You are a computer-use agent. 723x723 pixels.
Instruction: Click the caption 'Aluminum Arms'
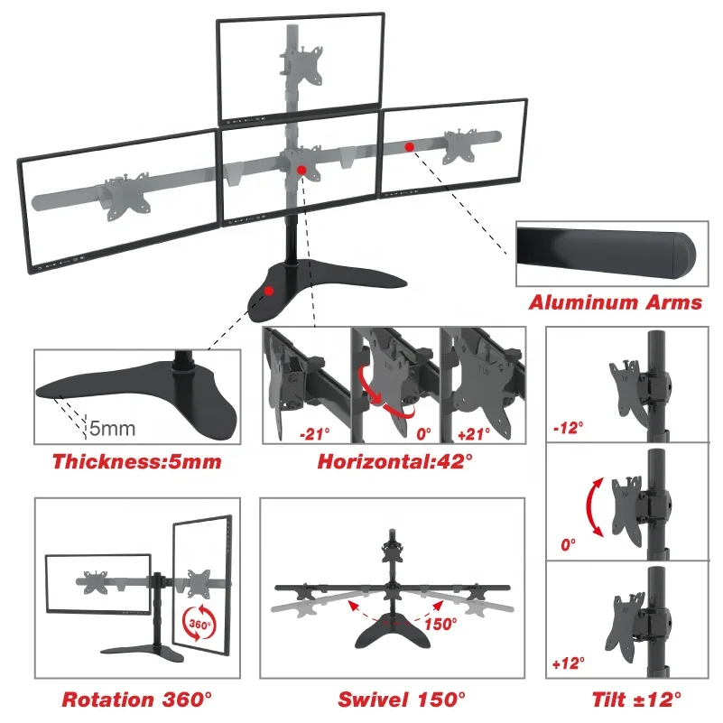point(615,302)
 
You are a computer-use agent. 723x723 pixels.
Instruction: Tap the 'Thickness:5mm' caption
point(136,462)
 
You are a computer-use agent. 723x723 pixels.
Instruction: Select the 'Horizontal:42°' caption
point(394,462)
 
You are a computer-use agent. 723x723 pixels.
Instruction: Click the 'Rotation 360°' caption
point(137,699)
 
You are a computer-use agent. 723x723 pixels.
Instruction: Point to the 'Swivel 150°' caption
point(402,699)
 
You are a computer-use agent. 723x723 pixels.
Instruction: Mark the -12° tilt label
point(567,424)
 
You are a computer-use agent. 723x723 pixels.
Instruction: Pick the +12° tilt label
point(568,664)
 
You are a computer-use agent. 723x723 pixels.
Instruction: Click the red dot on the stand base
point(269,292)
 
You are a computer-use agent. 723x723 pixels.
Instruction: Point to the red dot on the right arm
point(410,146)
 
